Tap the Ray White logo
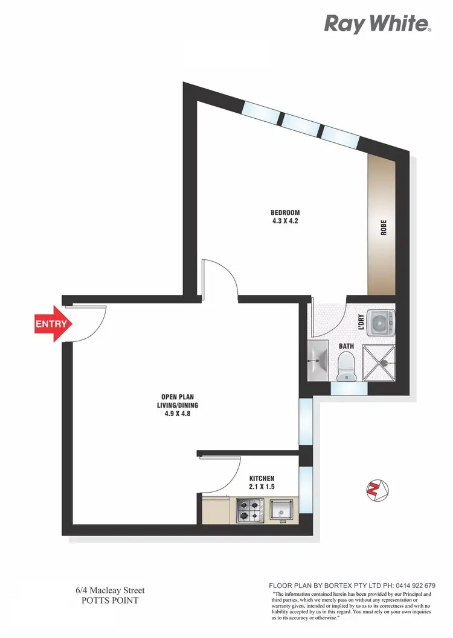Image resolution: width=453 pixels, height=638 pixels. pos(377,24)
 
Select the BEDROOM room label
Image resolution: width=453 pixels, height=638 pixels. pos(285,212)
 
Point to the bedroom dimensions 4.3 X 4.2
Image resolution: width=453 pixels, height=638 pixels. pos(285,221)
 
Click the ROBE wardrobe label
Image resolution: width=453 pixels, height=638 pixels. pos(383,229)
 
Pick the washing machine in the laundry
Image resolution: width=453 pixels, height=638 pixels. pos(382,323)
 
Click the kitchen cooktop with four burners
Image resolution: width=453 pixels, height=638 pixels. pos(249,510)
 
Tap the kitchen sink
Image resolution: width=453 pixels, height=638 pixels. pos(280,511)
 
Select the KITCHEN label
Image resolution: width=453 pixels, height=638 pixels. pos(262,478)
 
